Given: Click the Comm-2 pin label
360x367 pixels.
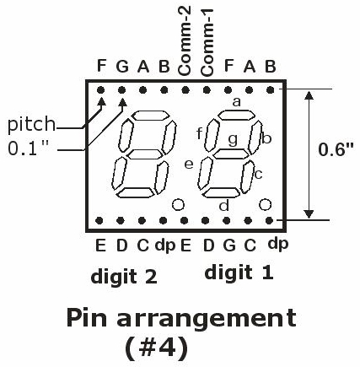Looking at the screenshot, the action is click(x=185, y=41).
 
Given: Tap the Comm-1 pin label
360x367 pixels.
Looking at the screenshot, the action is click(x=207, y=43).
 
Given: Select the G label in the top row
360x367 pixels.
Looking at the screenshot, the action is click(x=122, y=67).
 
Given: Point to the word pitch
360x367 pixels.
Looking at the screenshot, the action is click(x=31, y=124).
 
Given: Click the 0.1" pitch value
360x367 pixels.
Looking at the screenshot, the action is click(x=28, y=148).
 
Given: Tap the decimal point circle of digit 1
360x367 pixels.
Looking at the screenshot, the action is click(x=265, y=204).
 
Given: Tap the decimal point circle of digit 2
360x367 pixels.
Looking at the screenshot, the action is click(x=178, y=204).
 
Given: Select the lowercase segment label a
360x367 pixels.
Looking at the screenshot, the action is click(x=237, y=102).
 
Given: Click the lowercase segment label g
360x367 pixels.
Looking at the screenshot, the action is click(x=233, y=139).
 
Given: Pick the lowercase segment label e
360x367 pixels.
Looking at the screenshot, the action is click(x=189, y=165).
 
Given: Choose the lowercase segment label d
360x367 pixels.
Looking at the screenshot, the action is click(x=224, y=205).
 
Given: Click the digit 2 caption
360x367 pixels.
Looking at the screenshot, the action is click(x=124, y=277).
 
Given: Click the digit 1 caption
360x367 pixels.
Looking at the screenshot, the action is click(x=239, y=273).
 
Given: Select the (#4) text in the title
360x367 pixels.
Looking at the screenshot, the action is click(x=156, y=348).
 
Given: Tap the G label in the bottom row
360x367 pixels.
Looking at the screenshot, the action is click(x=229, y=246).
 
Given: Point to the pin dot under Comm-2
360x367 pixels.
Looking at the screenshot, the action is click(x=185, y=90).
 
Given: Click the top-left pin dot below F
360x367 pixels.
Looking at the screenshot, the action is click(x=100, y=90).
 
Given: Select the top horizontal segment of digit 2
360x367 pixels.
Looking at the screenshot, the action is click(x=151, y=116).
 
